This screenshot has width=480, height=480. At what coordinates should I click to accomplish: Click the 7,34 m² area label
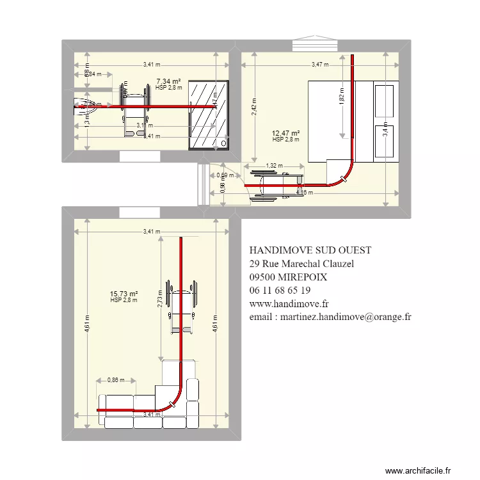pos(168,81)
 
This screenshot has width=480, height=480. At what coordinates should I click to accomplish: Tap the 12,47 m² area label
pos(286,134)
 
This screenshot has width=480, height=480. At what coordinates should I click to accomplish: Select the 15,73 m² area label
pos(124,294)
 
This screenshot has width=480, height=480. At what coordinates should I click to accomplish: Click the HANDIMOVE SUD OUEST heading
pos(310,250)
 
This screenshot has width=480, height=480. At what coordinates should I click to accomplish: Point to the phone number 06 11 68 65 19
pos(280,290)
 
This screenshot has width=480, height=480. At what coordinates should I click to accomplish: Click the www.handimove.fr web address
pos(289,303)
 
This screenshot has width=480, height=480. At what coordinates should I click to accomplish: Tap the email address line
pos(330,317)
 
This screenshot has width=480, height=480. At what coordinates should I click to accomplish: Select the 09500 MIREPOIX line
pos(288,276)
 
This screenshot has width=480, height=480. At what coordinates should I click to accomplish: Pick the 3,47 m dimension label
pos(320,64)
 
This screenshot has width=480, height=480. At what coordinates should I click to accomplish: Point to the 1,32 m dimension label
pos(274,166)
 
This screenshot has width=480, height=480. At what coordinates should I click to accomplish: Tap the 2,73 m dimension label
pos(159,300)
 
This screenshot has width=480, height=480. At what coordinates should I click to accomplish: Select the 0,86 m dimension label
pos(116,380)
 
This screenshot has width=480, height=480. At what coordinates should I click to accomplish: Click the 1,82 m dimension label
pos(342,98)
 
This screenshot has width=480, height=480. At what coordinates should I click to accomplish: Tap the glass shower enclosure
pos(209,115)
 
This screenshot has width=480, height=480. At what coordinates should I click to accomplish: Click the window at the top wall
pos(315,45)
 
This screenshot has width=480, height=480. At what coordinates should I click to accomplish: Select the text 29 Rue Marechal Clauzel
pos(301,263)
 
